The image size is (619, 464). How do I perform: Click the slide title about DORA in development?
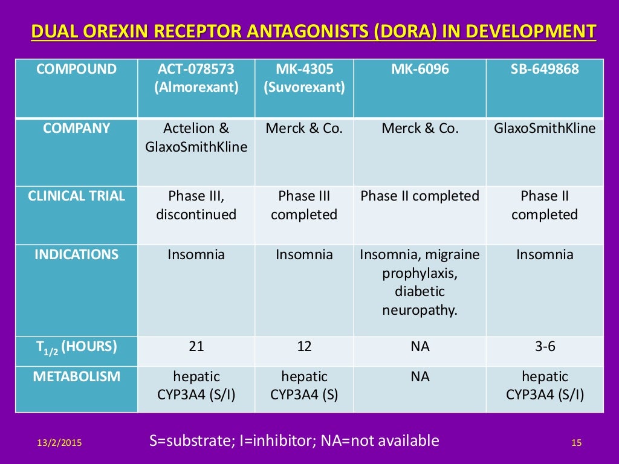pos(313,31)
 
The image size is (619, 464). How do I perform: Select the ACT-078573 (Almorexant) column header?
pos(196,79)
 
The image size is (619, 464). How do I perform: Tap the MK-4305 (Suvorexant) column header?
pos(304,79)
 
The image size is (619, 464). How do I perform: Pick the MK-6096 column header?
pos(420,69)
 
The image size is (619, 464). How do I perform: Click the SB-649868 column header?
pos(544,69)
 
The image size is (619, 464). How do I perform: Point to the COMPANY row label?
pos(77,129)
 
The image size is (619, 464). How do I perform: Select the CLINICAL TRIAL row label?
pos(77,196)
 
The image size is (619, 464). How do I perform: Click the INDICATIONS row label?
pos(77,254)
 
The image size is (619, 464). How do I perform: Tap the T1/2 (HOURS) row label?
pos(77,347)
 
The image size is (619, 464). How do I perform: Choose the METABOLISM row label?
pos(77,377)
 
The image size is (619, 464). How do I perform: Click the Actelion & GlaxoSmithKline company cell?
pos(196,138)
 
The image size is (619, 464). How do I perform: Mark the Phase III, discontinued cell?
pos(196,205)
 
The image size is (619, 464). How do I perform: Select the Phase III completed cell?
pos(304,205)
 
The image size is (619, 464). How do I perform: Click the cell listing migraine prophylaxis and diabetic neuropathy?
pos(420,282)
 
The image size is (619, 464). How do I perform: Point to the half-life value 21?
pos(196,347)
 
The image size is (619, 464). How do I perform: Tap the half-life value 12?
pos(304,347)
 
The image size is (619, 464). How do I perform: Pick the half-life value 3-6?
pos(544,347)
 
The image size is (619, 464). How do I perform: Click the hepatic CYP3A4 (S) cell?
pos(304,386)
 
